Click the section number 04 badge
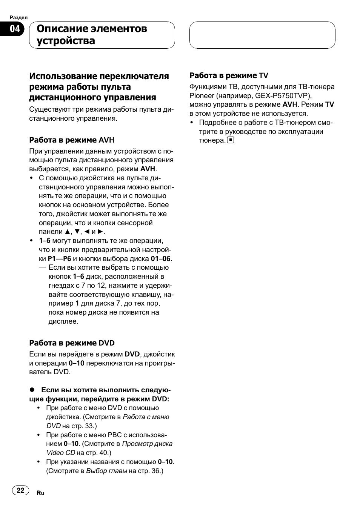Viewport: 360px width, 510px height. [x=14, y=29]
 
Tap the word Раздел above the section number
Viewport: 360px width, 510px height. [x=18, y=17]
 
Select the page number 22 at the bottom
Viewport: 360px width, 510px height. [x=20, y=490]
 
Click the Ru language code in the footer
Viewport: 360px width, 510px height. [x=40, y=493]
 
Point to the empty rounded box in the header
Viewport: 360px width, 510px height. [x=262, y=35]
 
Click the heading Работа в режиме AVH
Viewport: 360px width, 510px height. [x=72, y=140]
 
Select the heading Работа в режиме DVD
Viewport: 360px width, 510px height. [x=72, y=343]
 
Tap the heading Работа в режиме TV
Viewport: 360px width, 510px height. [x=229, y=75]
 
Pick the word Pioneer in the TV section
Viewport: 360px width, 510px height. [x=202, y=95]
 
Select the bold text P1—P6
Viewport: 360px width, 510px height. [x=59, y=259]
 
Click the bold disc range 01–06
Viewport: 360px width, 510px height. [x=160, y=259]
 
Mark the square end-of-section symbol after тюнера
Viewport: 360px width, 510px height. [x=231, y=140]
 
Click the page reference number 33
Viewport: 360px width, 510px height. [x=89, y=426]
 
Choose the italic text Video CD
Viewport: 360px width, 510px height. [x=61, y=453]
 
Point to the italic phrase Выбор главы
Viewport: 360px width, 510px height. [x=106, y=471]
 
